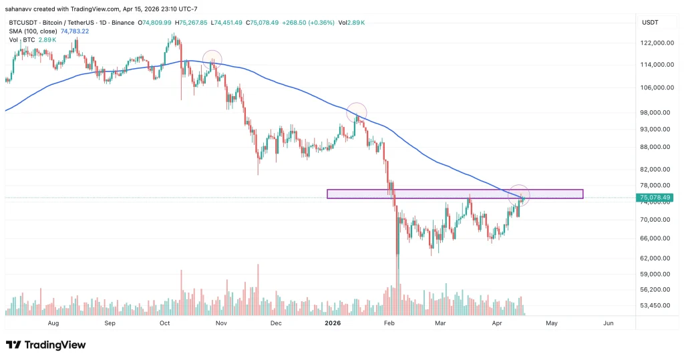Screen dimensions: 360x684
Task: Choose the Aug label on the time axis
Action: [x=54, y=323]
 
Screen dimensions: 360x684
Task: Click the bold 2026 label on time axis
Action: [x=333, y=323]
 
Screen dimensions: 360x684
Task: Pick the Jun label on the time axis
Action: [x=608, y=323]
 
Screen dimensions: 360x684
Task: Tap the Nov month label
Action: [x=222, y=323]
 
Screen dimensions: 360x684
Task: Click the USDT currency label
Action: [x=650, y=23]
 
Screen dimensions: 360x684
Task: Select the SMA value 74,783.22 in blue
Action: [x=75, y=31]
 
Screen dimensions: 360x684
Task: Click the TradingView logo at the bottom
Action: [x=46, y=345]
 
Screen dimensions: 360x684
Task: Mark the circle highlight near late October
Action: [x=212, y=59]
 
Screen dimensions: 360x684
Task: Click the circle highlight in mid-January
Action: [x=357, y=112]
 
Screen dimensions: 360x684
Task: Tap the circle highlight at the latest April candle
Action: [x=520, y=194]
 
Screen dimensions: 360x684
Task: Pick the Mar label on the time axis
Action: [x=440, y=323]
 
